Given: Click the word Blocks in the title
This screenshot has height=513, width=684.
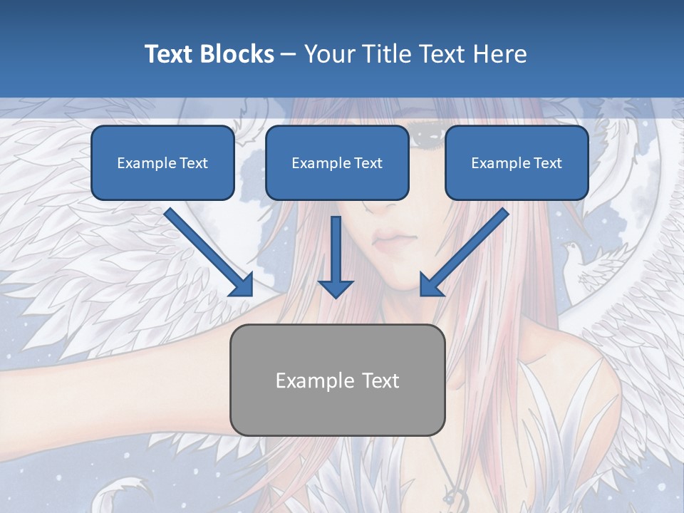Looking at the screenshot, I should (x=237, y=54).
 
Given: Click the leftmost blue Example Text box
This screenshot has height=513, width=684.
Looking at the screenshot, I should (x=162, y=162).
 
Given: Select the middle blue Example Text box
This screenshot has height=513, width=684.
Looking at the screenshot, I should (x=337, y=162).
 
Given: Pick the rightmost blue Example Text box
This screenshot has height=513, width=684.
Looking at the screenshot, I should (x=517, y=162).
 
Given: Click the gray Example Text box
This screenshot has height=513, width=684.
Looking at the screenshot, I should (x=337, y=380).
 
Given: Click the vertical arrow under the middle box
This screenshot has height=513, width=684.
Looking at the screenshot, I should (x=335, y=256).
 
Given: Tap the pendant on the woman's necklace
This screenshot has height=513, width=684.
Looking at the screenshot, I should (x=452, y=494).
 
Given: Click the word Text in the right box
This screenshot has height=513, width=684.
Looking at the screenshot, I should (x=547, y=163).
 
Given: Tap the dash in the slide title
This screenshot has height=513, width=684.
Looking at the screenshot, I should (x=289, y=54).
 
